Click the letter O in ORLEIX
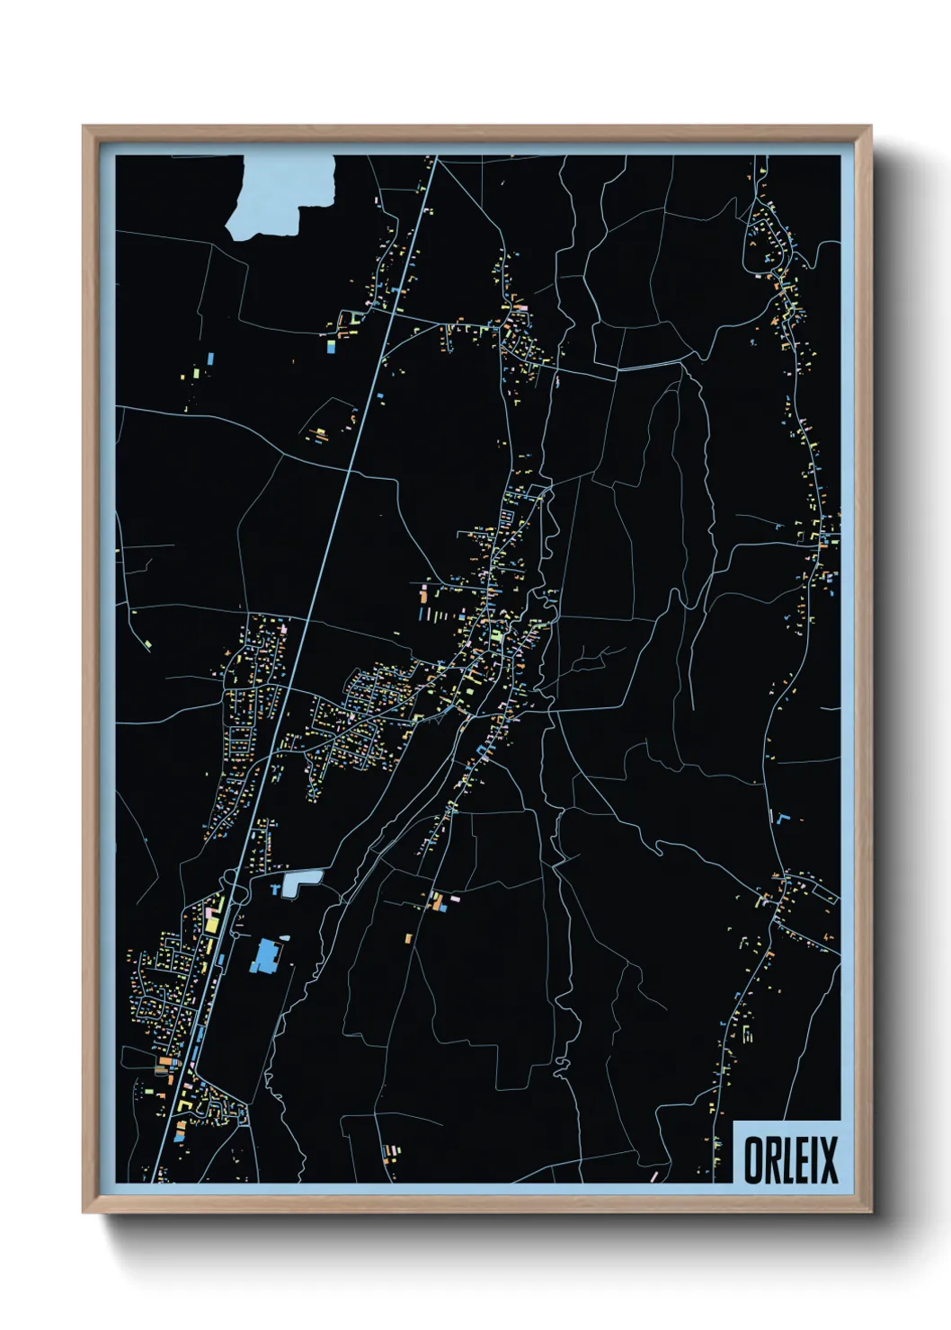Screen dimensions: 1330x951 (x=753, y=1160)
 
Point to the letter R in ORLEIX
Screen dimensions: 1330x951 (x=775, y=1160)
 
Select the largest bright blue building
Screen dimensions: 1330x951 (x=265, y=956)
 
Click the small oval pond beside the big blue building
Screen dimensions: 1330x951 (x=284, y=938)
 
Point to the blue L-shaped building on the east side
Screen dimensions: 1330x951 (x=781, y=819)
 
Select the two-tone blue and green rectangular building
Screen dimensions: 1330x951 (x=330, y=344)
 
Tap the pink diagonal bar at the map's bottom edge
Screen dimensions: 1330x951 (x=654, y=1175)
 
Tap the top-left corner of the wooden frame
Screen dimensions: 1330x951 (x=84, y=127)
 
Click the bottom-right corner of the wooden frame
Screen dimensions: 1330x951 (x=869, y=1211)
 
